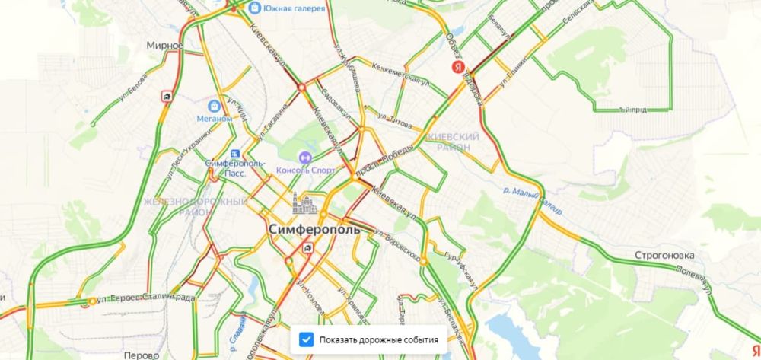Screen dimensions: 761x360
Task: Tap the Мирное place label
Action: (165, 46)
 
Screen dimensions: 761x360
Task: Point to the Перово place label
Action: (142, 354)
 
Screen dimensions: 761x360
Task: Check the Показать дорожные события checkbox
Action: (306, 339)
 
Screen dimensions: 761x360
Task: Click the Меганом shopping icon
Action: (215, 104)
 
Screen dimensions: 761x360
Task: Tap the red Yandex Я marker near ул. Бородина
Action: (458, 68)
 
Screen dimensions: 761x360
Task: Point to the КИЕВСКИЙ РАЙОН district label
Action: (454, 142)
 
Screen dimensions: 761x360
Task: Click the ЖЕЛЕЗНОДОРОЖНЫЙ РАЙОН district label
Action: (195, 206)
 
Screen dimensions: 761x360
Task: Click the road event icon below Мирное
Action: (167, 97)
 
